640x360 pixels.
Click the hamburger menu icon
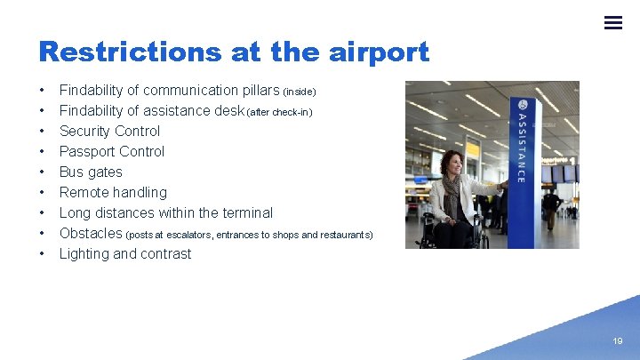tap(612, 22)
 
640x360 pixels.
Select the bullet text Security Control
tap(109, 131)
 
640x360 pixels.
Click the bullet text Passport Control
tap(111, 151)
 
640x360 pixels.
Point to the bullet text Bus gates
tap(91, 172)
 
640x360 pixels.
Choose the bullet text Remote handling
tap(113, 192)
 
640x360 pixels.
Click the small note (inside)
tap(300, 92)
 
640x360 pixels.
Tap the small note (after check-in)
tap(279, 112)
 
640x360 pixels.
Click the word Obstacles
tap(91, 233)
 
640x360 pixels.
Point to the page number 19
tap(617, 340)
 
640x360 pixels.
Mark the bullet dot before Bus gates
tap(42, 172)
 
